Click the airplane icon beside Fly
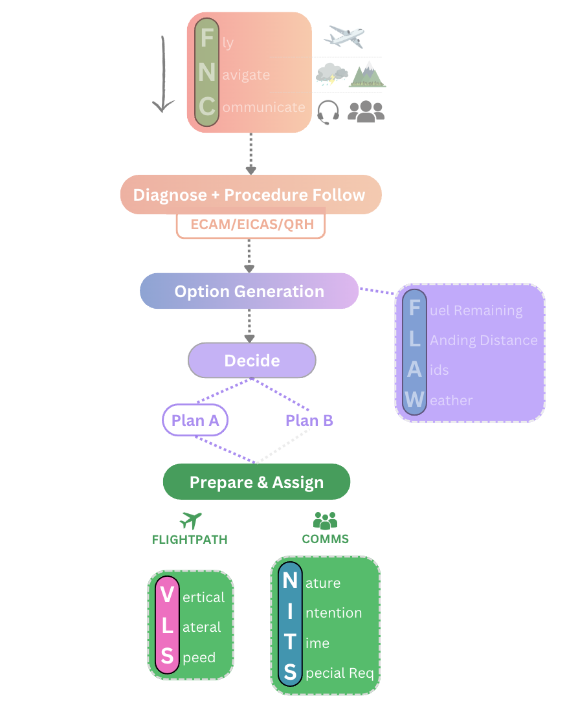344,37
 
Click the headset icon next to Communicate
328,112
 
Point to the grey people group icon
366,111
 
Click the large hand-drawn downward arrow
163,74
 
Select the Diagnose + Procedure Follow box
250,195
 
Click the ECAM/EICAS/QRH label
250,225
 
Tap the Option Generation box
249,291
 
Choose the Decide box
252,361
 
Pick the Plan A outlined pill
195,421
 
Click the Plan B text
309,421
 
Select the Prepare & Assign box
256,482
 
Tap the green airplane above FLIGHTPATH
190,520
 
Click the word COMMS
325,539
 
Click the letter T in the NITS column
289,642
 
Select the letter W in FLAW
414,400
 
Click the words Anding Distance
484,341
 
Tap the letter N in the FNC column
207,73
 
